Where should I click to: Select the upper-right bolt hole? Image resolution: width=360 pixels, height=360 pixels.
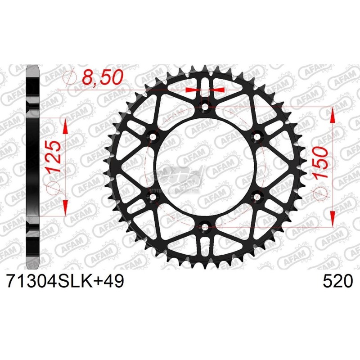[258, 136]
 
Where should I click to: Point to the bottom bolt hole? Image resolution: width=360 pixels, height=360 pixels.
[205, 226]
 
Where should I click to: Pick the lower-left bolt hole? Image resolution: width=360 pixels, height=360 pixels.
[152, 196]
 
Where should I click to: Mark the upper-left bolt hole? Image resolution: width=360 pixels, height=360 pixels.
[152, 136]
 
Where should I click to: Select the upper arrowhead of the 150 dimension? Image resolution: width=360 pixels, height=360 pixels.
[332, 115]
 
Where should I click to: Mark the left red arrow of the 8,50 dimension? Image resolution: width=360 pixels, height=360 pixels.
[192, 90]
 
